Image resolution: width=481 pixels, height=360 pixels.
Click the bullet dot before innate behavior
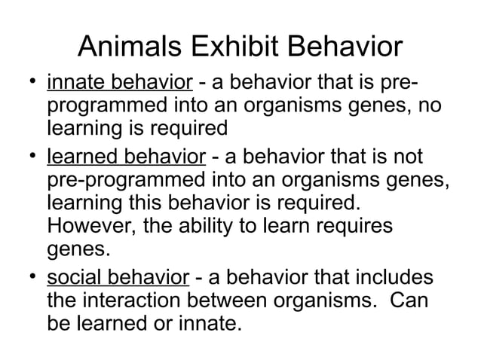pyautogui.click(x=26, y=81)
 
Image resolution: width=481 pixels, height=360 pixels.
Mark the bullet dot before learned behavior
pyautogui.click(x=26, y=157)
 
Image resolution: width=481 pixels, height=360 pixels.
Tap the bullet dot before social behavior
pyautogui.click(x=26, y=279)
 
